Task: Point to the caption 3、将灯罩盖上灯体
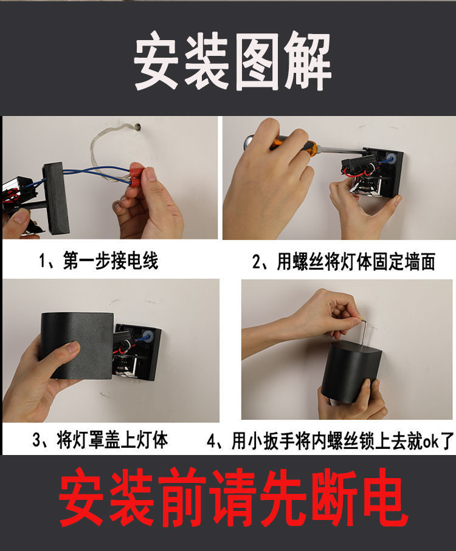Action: click(100, 439)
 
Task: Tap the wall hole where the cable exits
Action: click(138, 128)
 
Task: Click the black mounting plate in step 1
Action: click(56, 197)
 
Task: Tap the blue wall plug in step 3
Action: click(147, 335)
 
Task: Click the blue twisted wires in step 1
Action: click(97, 173)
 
